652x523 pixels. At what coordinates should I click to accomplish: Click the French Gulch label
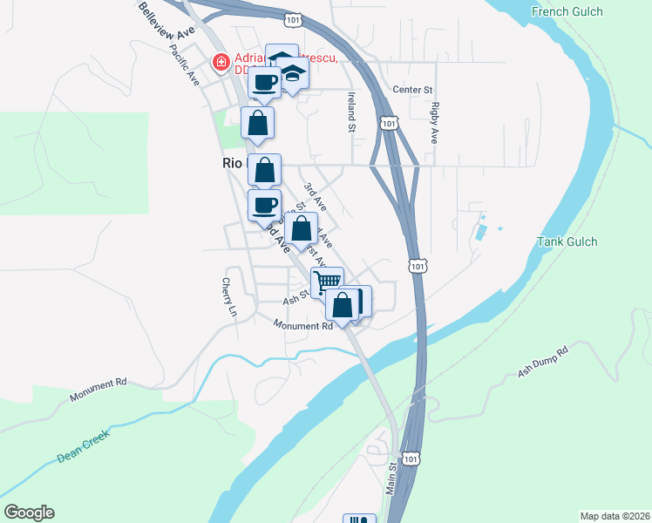(x=566, y=11)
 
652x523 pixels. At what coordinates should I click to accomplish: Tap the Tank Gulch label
(x=567, y=241)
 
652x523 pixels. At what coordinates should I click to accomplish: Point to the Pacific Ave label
(x=186, y=64)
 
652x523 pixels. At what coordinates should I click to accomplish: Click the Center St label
(x=413, y=89)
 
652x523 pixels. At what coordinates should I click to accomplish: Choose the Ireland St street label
(x=351, y=112)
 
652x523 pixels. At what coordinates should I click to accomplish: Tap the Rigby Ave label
(x=433, y=122)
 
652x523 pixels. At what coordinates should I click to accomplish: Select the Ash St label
(x=294, y=298)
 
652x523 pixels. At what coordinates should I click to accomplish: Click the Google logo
(x=29, y=513)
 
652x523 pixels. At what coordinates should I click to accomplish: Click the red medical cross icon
(x=221, y=62)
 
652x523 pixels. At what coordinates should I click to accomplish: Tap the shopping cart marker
(x=327, y=281)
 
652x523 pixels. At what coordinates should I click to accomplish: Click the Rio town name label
(x=232, y=163)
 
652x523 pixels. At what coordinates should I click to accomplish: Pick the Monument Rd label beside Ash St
(x=303, y=326)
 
